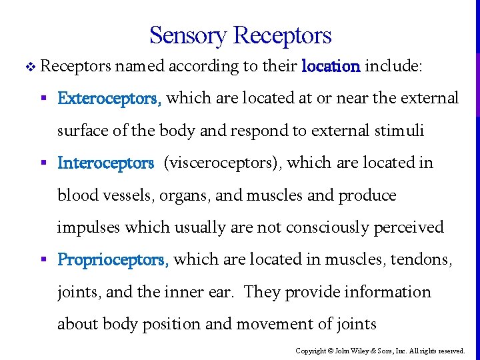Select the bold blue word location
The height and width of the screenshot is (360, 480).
pos(331,67)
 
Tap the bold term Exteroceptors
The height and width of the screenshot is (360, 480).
pos(109,99)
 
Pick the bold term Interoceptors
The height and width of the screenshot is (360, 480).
pos(106,163)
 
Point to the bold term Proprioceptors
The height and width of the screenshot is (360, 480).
pos(113,259)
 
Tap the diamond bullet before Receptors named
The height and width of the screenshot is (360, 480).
pos(28,67)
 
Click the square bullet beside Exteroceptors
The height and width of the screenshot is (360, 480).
pos(42,99)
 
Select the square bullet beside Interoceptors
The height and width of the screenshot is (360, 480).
pos(42,163)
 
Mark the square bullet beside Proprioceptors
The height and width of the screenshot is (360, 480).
pos(42,259)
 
